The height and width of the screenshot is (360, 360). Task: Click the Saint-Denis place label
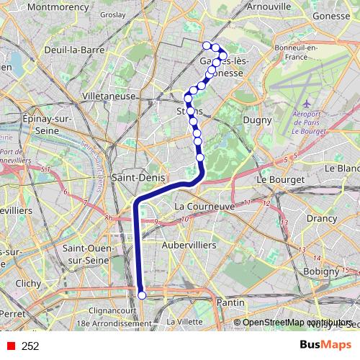[x=139, y=177]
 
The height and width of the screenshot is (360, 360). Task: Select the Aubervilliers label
[x=191, y=246]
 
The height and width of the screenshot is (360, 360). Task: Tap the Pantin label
[x=230, y=303]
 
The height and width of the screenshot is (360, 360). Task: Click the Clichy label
[x=28, y=284]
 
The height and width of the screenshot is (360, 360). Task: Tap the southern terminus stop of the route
[x=142, y=294]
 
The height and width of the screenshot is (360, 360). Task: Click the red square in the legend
[x=8, y=346]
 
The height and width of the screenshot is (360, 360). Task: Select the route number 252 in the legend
[x=30, y=346]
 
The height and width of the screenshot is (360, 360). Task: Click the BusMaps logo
[x=325, y=346]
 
